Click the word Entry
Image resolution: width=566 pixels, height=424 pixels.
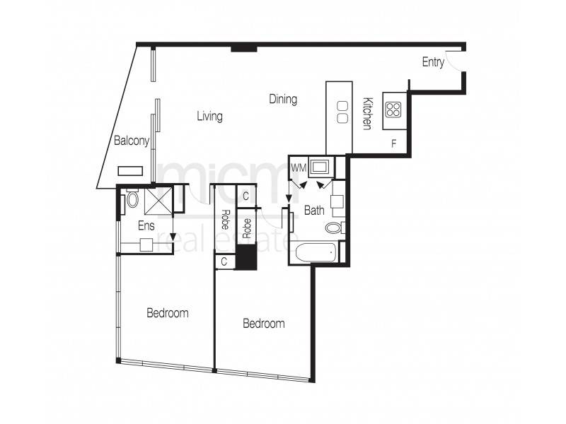(x=433, y=62)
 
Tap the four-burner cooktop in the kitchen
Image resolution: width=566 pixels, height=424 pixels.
(x=393, y=110)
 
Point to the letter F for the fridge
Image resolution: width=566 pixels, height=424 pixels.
(x=394, y=143)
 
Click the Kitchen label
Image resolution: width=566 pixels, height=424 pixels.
(x=367, y=113)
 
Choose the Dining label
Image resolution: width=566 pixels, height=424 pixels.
(x=283, y=100)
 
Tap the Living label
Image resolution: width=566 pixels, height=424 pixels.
(x=209, y=117)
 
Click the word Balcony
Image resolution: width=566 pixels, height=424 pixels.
(x=132, y=141)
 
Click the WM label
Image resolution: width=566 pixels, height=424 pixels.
(x=299, y=168)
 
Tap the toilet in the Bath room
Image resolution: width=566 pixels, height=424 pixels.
(x=333, y=228)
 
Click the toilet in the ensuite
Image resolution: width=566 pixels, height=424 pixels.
(x=132, y=200)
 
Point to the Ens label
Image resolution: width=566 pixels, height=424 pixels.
(x=146, y=225)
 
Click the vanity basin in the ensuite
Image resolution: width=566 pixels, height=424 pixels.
(x=146, y=245)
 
